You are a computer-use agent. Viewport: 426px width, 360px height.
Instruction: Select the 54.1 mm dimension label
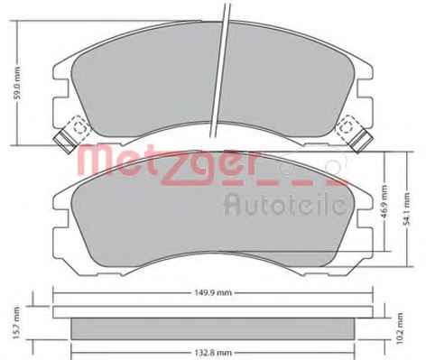coord(407,209)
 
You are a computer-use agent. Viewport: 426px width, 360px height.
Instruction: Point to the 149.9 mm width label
coord(213,292)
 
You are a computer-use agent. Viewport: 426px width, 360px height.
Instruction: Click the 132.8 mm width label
coord(212,353)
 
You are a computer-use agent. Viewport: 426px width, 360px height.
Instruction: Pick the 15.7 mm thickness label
coord(16,323)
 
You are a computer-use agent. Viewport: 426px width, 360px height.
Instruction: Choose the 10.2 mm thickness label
coord(399,328)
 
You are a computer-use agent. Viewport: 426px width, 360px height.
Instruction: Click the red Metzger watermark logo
coord(210,165)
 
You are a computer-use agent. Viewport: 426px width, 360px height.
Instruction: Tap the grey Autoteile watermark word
coord(286,204)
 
